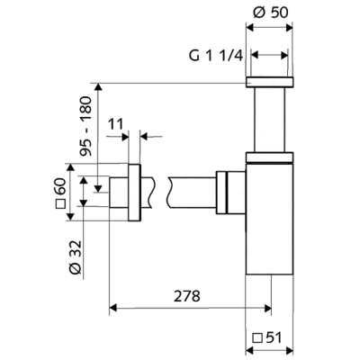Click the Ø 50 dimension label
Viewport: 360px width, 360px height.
point(270,13)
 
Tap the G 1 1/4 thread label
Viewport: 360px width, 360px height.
point(216,56)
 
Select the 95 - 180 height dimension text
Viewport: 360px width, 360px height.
point(85,126)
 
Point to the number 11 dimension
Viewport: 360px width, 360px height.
point(115,124)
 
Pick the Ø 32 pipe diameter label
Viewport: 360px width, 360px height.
point(75,257)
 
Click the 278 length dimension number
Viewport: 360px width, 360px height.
point(187,296)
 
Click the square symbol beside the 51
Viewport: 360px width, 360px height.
point(257,338)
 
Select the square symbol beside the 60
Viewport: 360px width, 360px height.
point(61,203)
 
